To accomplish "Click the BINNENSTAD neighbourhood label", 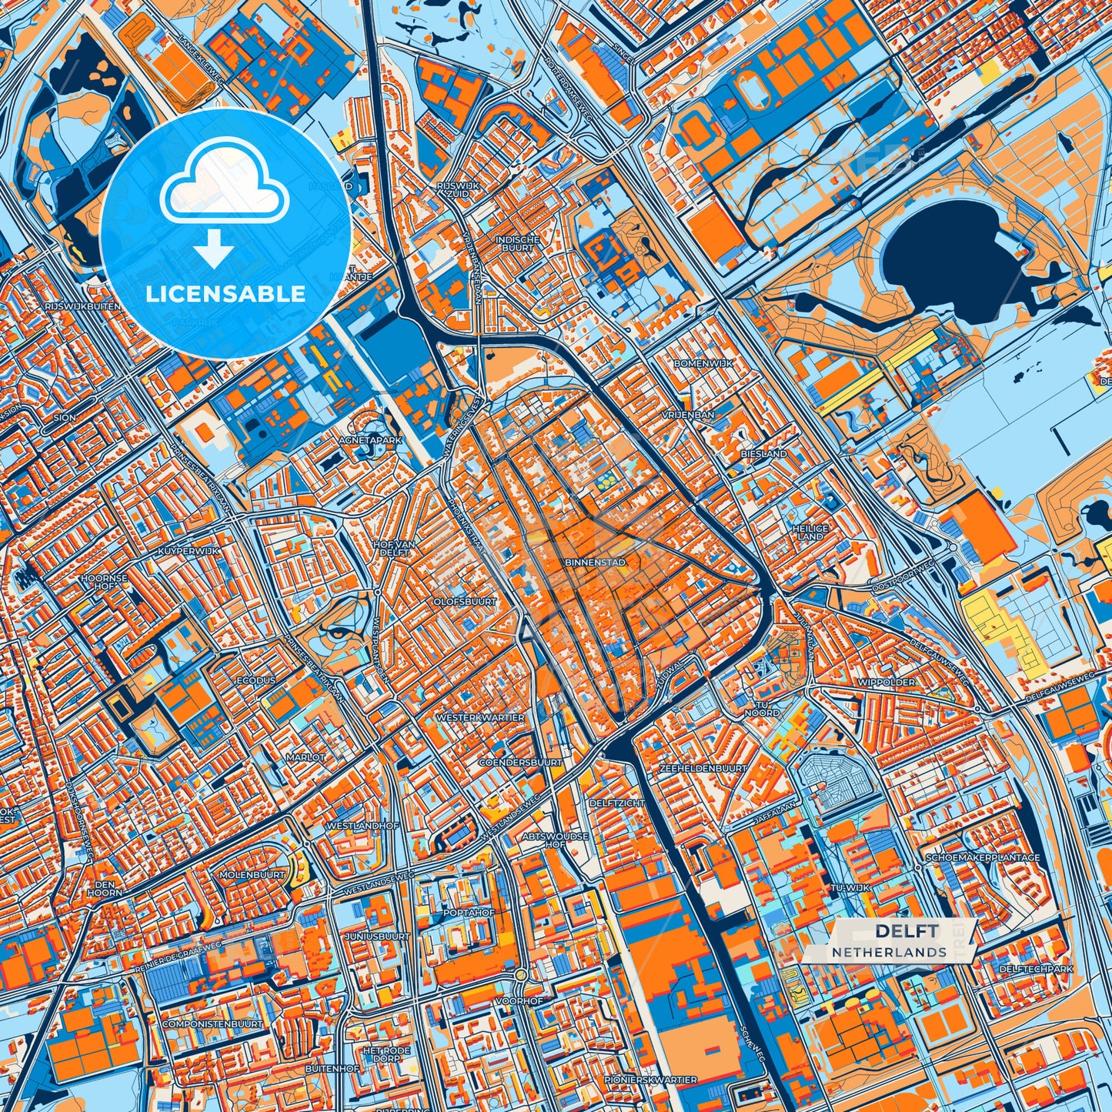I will [x=595, y=563].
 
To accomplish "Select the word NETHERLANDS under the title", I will [x=889, y=952].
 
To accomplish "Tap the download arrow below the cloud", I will [x=213, y=249].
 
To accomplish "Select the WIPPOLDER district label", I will [x=887, y=682].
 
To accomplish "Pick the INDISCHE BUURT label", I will [x=516, y=244].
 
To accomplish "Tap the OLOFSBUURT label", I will [x=465, y=602].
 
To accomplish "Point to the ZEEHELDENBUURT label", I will [x=703, y=768].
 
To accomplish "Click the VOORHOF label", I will [x=519, y=1001].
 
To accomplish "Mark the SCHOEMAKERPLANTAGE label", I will [x=983, y=857].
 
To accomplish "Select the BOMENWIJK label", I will [x=703, y=362].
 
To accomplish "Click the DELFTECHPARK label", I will [x=1036, y=969].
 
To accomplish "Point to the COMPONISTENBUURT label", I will [x=212, y=1024].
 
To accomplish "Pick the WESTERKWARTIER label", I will [x=480, y=717].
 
